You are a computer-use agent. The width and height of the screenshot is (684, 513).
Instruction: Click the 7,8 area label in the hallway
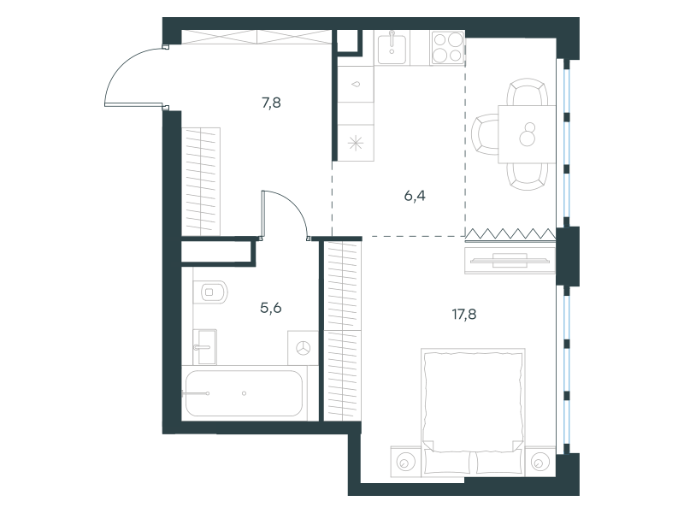pos(271,103)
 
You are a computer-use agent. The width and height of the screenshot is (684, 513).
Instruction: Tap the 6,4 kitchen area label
pos(415,196)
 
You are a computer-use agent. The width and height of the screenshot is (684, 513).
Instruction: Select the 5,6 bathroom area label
pos(271,309)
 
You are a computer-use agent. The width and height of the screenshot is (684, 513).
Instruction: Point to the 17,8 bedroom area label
pos(464,314)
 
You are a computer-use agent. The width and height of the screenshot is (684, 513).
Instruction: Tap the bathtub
pos(244,393)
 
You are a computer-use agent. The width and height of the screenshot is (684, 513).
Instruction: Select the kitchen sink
pos(392,49)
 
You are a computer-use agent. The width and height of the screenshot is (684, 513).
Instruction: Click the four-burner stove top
pos(447,48)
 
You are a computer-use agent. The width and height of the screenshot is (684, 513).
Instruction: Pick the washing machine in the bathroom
pos(303,348)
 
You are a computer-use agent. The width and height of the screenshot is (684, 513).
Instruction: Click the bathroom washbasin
pos(205,347)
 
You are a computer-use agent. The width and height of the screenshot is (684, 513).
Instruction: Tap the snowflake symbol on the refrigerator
pos(356,143)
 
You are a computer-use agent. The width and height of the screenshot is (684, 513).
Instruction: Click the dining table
pos(527,134)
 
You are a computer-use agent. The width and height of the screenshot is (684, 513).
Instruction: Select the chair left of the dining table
pos(485,134)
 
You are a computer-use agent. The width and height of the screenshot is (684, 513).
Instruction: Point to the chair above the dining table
pos(528,92)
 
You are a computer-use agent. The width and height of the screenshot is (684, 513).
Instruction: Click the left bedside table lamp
pos(405,462)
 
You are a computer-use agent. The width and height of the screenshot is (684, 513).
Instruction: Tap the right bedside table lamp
pos(540,462)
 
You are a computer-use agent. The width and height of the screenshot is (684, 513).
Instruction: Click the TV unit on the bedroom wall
pos(510,261)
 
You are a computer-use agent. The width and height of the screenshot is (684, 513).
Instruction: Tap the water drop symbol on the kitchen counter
pos(357,84)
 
